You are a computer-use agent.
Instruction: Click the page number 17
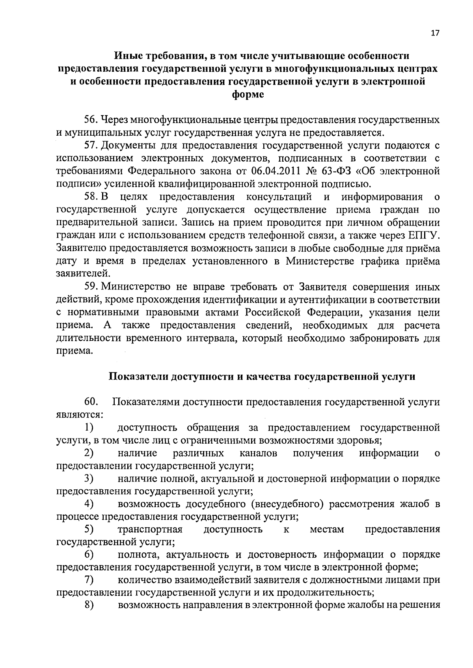click(435, 33)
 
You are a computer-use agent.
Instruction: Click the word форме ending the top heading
click(248, 95)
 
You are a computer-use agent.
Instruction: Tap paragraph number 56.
click(90, 120)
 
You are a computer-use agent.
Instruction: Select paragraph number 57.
click(90, 146)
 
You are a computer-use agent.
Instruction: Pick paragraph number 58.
click(90, 197)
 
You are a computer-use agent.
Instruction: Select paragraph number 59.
click(90, 287)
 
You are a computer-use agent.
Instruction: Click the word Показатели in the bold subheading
click(137, 377)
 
